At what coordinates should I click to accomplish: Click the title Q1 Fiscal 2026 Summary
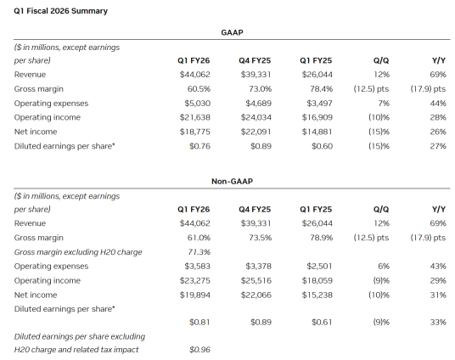(x=48, y=11)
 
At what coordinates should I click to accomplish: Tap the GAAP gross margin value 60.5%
(x=200, y=88)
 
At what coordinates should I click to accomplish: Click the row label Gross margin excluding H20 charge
(x=78, y=252)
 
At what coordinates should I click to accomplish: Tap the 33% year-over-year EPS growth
(x=438, y=322)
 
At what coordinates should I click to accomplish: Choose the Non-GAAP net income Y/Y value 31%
(x=438, y=294)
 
